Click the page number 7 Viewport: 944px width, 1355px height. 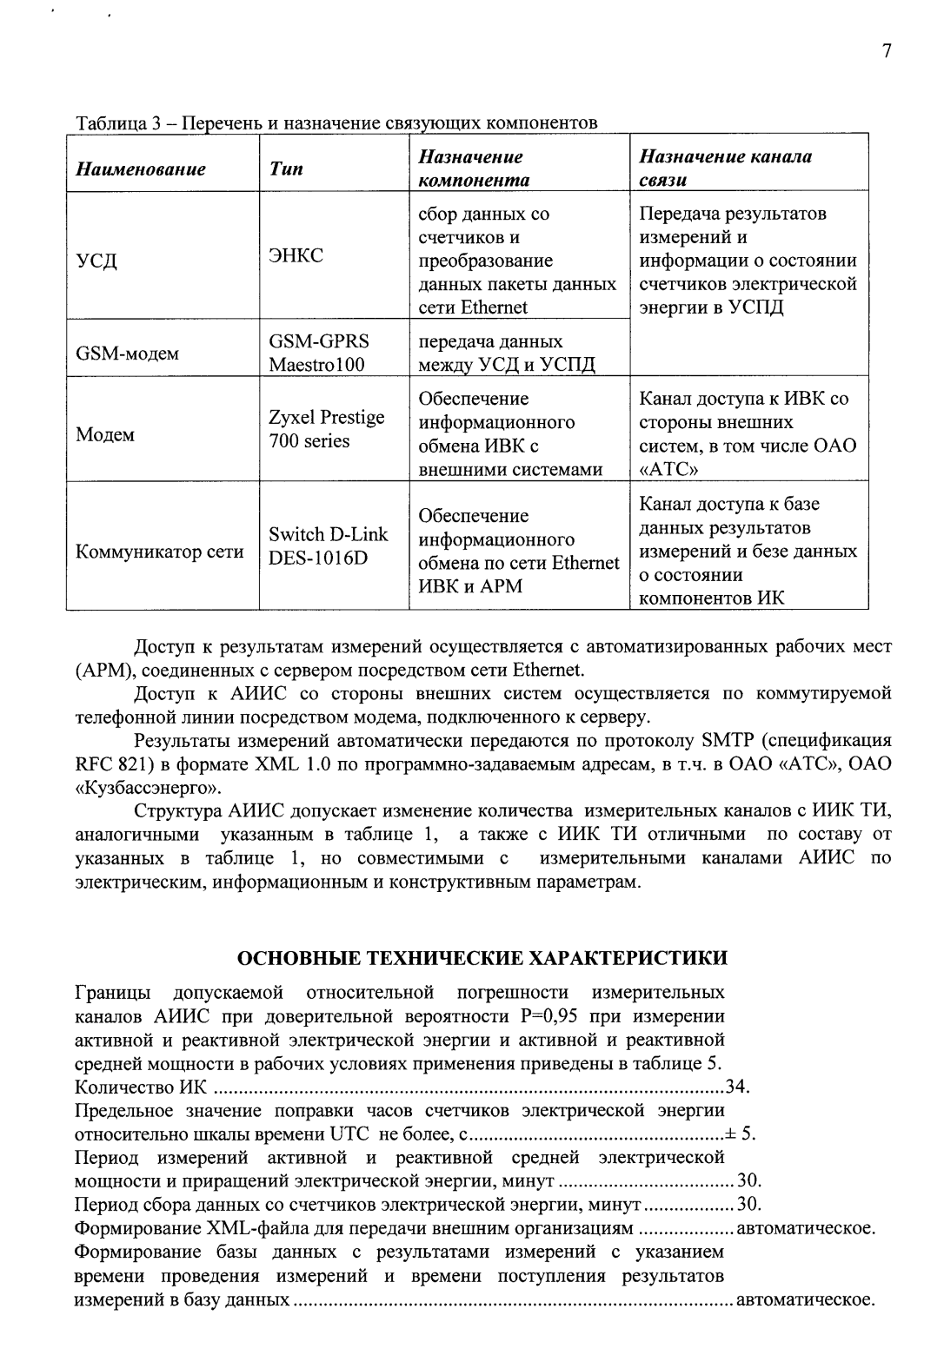click(886, 51)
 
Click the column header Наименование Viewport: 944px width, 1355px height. click(141, 169)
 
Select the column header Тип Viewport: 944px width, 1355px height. click(286, 169)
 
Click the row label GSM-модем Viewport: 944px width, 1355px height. click(128, 354)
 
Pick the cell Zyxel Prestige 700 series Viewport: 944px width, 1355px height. click(327, 429)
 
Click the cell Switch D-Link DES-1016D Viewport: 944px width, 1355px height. click(328, 545)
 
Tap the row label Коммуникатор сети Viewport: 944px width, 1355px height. click(160, 552)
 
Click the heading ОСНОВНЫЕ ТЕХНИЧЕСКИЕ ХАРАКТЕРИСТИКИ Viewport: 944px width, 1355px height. click(483, 958)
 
